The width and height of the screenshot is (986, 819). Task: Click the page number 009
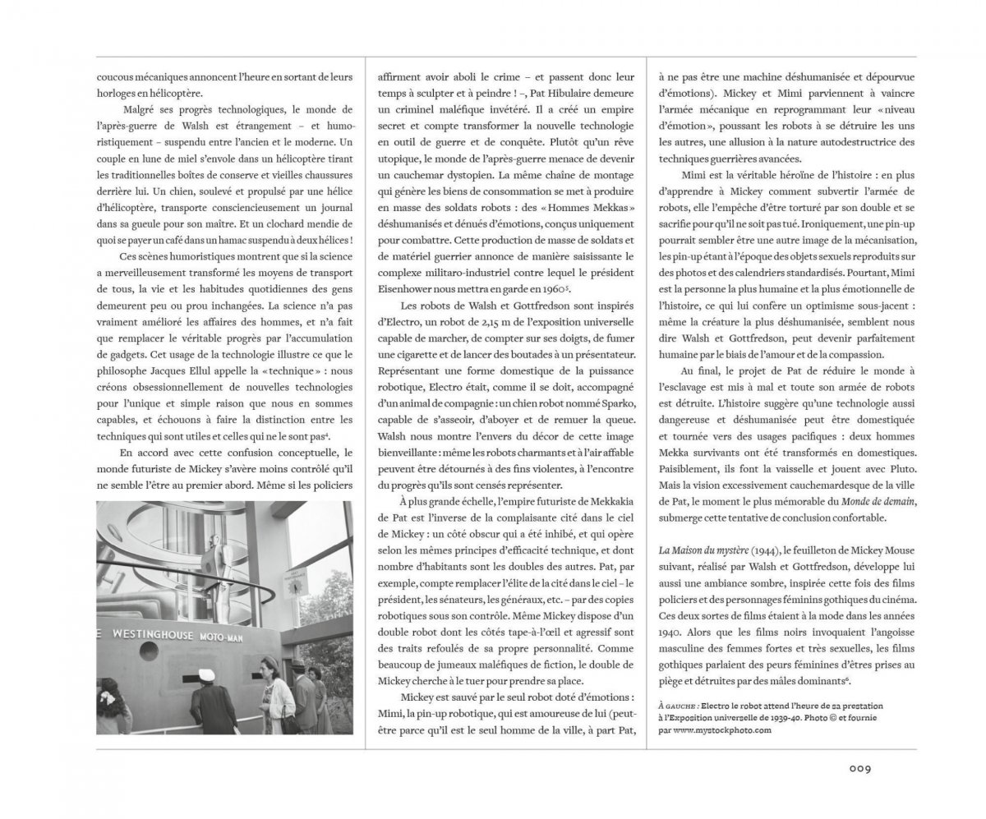click(x=859, y=769)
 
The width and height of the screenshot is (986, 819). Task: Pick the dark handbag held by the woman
click(x=289, y=723)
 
